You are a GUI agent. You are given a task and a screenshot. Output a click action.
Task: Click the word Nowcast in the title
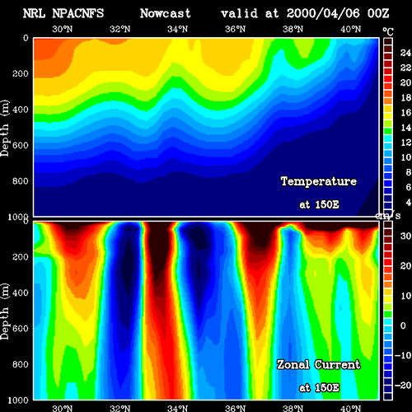click(166, 13)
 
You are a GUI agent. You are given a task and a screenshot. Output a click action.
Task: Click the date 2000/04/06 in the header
click(323, 13)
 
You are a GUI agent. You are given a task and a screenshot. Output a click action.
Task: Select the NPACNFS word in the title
click(78, 13)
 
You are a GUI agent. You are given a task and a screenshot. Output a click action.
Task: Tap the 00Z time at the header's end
click(378, 13)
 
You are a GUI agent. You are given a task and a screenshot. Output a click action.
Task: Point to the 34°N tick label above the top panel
click(178, 29)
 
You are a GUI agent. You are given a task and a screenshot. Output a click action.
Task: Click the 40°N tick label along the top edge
click(351, 29)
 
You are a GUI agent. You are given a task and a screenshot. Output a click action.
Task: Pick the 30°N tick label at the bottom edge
click(63, 408)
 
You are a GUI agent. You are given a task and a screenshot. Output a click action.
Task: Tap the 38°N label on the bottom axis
click(293, 408)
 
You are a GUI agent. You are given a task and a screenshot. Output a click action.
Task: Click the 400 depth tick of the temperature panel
click(21, 110)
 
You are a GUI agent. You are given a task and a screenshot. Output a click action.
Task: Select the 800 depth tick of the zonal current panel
click(21, 364)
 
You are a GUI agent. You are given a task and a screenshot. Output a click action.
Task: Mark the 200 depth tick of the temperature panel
click(21, 73)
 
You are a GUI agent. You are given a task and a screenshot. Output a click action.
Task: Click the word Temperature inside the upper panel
click(319, 181)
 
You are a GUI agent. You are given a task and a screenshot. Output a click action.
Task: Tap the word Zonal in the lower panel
click(293, 365)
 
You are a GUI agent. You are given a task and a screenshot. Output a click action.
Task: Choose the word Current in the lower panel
click(338, 365)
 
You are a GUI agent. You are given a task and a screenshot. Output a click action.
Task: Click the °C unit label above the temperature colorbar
click(388, 32)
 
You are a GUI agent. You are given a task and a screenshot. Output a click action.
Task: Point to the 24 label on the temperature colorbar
click(405, 53)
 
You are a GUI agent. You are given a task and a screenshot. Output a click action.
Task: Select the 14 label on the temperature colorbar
click(405, 128)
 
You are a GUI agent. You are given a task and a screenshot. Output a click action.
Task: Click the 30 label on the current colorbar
click(405, 236)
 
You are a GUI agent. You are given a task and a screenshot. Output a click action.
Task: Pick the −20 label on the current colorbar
click(403, 385)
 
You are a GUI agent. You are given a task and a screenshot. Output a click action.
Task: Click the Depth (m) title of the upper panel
click(5, 129)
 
